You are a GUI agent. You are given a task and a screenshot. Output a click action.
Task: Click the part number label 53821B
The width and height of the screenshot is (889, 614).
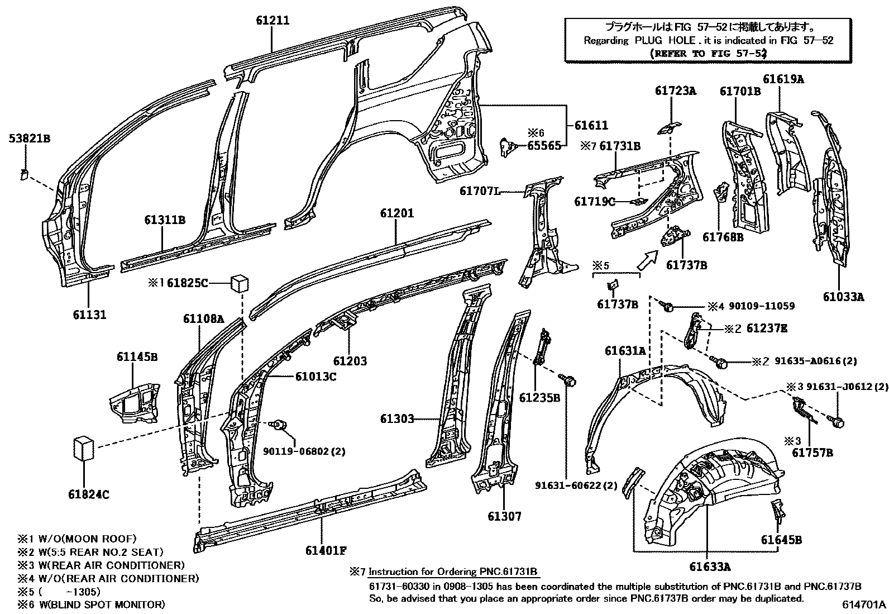[29, 138]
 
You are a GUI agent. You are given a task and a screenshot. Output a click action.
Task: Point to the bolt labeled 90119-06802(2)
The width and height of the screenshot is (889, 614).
[279, 426]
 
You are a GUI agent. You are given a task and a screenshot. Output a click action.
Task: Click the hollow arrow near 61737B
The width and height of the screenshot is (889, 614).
[647, 260]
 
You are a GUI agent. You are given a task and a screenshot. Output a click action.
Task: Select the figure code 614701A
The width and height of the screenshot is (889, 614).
[864, 605]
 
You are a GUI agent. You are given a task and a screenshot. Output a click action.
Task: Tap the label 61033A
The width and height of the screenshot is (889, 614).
[843, 297]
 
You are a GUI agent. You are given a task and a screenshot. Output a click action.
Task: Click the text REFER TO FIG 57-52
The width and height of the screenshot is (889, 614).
[709, 54]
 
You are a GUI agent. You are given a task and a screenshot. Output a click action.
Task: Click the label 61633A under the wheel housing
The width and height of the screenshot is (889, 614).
[709, 567]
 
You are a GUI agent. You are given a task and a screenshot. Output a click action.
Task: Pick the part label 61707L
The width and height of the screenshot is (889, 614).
[479, 191]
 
